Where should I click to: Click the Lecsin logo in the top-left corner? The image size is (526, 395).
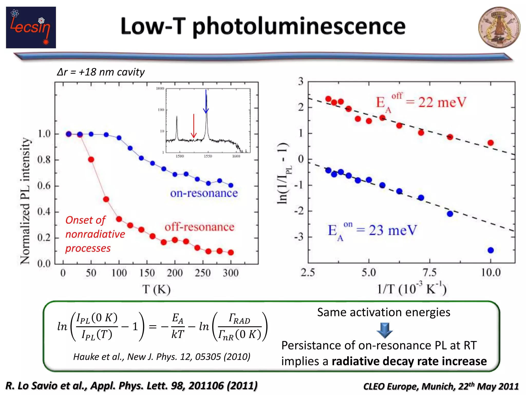pos(31,28)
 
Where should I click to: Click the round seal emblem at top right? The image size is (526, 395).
pos(499,28)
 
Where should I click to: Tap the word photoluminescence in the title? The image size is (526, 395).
pos(299,27)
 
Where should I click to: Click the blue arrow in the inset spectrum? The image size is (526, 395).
pos(206,102)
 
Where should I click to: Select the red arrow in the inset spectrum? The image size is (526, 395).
pos(194,126)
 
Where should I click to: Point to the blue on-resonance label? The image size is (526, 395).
pos(204,193)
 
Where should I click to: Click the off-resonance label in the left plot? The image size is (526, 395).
pos(200,227)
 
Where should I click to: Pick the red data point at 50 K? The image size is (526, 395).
pos(91,159)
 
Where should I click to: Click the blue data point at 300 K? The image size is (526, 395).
pos(231,185)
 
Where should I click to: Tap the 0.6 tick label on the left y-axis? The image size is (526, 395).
pos(44,186)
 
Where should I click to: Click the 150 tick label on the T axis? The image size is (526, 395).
pos(147,273)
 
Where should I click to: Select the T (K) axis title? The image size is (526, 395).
pos(156,290)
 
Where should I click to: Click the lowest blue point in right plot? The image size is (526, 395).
pos(491,250)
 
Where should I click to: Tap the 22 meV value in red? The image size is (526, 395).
pos(442,102)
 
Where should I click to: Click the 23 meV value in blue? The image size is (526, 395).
pos(393,230)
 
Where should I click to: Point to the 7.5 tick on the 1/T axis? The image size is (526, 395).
pos(430,272)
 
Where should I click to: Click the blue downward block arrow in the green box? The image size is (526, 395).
pos(384,330)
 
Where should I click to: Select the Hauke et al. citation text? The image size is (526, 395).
pos(162,357)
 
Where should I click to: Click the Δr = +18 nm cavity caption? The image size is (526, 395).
pos(101,72)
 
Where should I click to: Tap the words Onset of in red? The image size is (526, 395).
pos(85,220)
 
